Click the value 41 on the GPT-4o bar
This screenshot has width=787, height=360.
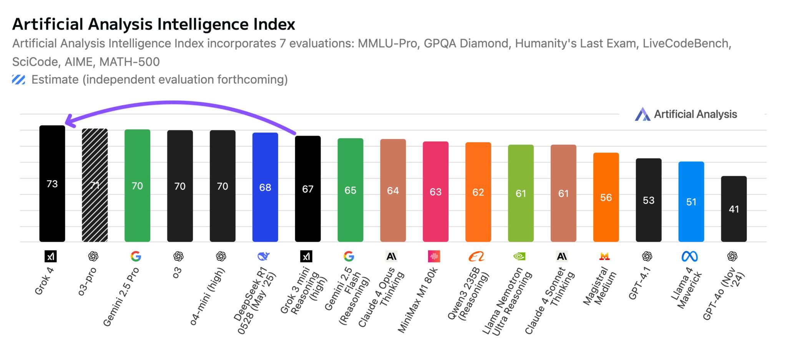[x=734, y=209]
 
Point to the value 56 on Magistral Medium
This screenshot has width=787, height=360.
[x=606, y=197]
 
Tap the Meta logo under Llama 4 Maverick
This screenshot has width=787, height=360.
[x=689, y=256]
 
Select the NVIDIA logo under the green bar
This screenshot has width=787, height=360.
[x=520, y=256]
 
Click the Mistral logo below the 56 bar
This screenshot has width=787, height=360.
[x=604, y=256]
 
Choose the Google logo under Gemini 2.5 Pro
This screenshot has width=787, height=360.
[x=136, y=256]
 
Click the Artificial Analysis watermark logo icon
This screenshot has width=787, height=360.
[x=642, y=114]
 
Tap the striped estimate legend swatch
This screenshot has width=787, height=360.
[x=18, y=80]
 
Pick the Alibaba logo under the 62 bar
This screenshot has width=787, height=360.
[x=477, y=256]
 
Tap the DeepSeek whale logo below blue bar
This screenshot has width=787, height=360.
[x=264, y=256]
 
